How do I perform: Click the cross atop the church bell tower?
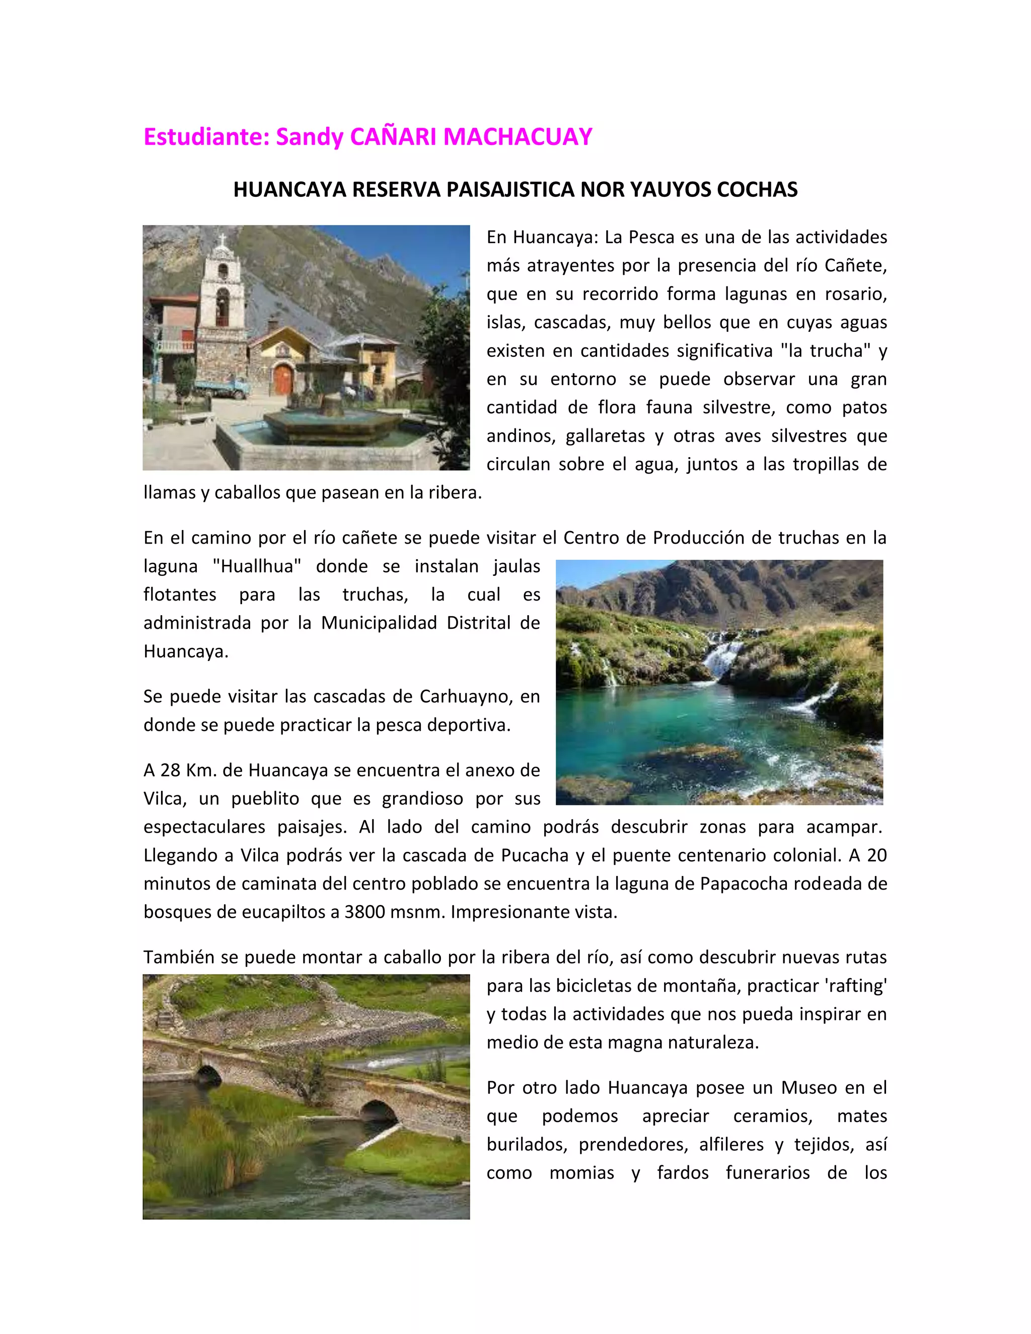pos(223,240)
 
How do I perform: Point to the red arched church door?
pos(283,379)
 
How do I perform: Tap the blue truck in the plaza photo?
pos(223,388)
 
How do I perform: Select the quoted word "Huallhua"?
pos(257,566)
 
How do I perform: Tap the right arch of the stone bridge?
pos(379,1110)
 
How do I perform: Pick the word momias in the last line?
pos(581,1173)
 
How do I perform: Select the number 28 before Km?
pos(171,770)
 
